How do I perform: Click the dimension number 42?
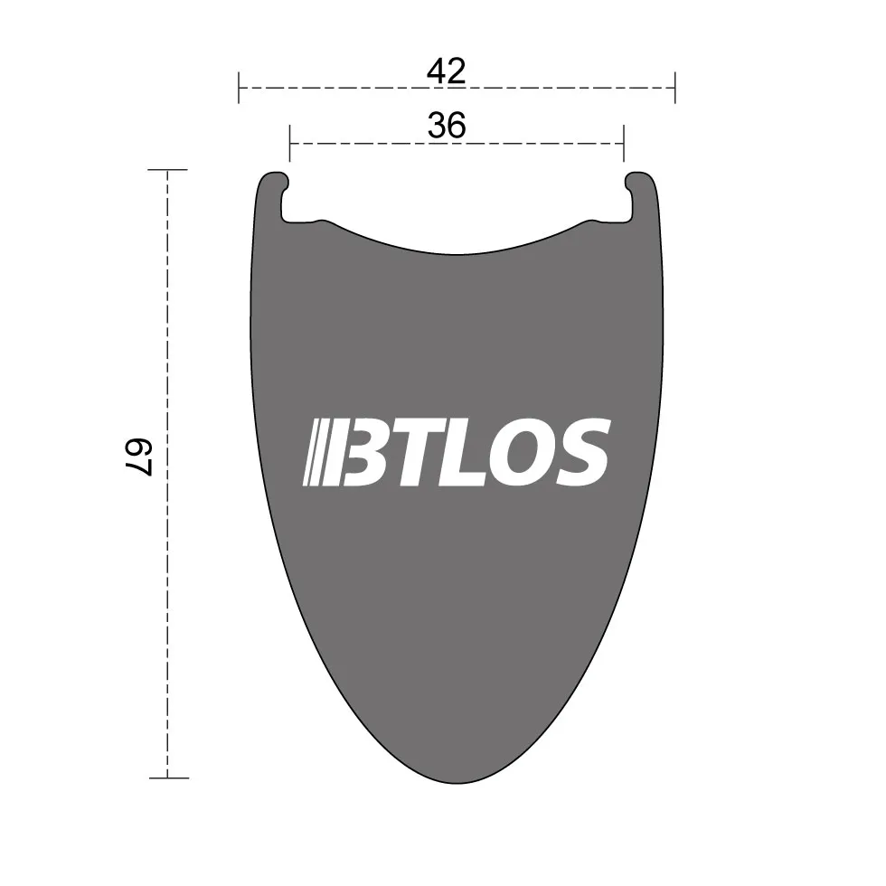[447, 71]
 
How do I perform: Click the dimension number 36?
[447, 126]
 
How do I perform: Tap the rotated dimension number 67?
[139, 457]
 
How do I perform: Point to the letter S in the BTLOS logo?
[583, 452]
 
